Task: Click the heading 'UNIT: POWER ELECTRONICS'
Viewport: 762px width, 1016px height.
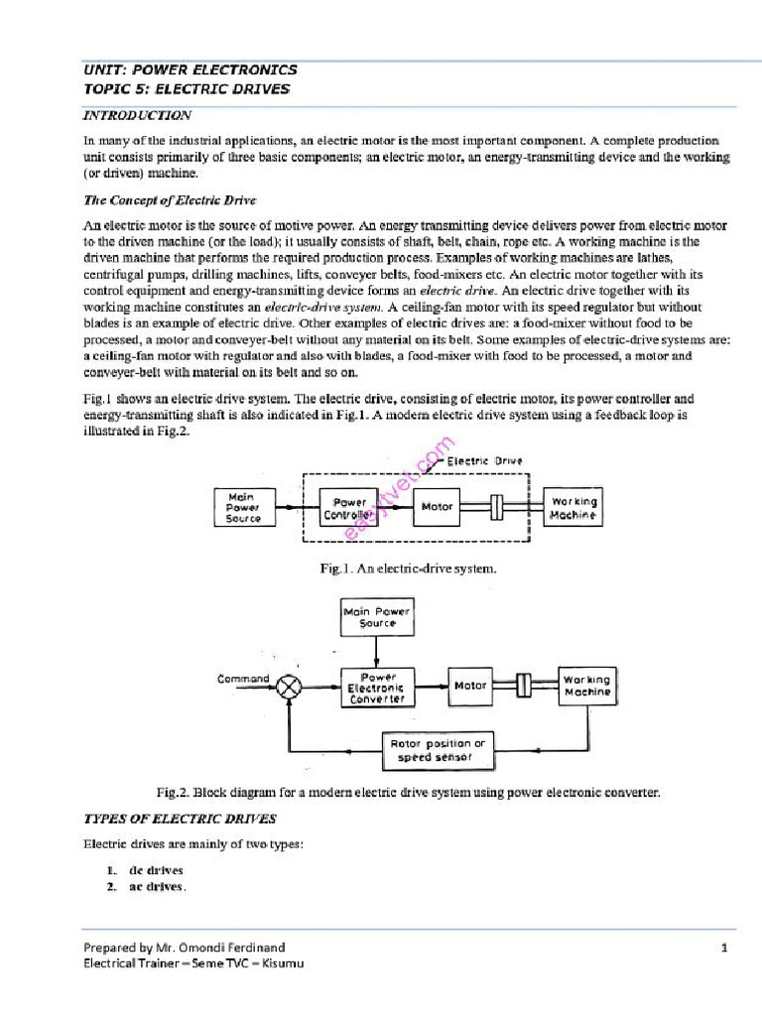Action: (x=190, y=70)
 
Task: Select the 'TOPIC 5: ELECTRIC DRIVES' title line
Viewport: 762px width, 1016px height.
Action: (x=187, y=89)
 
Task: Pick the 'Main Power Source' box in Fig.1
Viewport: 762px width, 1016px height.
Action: (x=243, y=507)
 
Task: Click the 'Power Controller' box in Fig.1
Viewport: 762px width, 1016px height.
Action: (x=349, y=508)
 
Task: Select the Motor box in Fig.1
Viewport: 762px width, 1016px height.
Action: (x=438, y=507)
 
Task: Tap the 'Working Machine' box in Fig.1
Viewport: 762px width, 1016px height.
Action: (x=574, y=508)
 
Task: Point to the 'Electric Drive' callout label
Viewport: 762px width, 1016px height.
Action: (x=485, y=460)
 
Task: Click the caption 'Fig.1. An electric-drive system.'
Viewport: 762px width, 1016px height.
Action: (x=408, y=569)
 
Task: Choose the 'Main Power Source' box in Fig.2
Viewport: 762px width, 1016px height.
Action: (x=376, y=618)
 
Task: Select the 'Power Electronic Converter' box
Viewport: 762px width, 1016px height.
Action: (x=377, y=686)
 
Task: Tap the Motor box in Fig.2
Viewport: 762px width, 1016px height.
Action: (x=470, y=686)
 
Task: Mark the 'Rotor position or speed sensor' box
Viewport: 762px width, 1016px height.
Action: (x=437, y=751)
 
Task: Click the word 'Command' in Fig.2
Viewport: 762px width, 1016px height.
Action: (x=243, y=679)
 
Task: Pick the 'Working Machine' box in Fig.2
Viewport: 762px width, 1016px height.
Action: (x=587, y=686)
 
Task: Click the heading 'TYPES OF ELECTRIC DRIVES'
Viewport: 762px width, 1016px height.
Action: (x=181, y=819)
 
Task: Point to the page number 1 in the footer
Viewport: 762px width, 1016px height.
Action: (x=724, y=949)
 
